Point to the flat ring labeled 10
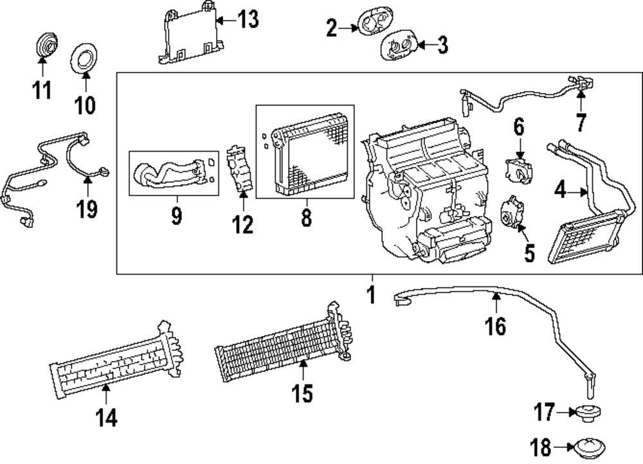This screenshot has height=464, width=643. pos(85,60)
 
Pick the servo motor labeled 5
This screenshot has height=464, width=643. pos(512,212)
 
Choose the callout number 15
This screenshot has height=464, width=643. pos(302,392)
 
